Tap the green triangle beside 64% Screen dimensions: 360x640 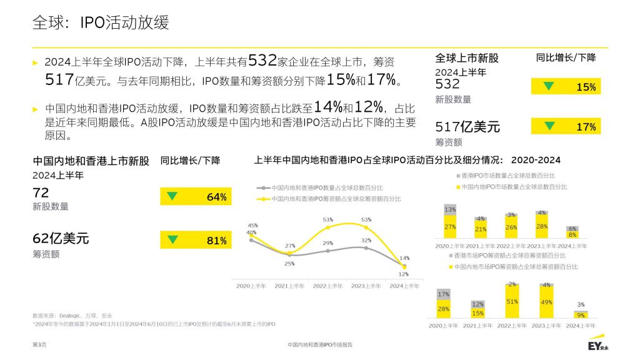click(172, 196)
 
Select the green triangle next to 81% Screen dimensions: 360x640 click(172, 239)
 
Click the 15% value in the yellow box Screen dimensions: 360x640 click(586, 87)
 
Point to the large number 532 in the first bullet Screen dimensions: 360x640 click(262, 61)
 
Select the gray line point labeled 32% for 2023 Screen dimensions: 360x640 click(366, 247)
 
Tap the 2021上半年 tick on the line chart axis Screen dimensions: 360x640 click(289, 286)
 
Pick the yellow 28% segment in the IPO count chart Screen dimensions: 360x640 click(542, 227)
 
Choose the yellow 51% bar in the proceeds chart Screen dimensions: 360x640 click(512, 302)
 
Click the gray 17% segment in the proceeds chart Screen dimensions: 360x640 click(443, 294)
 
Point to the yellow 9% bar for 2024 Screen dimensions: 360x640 click(581, 315)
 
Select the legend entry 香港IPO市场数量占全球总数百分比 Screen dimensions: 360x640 click(506, 176)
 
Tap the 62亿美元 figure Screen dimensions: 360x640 click(61, 238)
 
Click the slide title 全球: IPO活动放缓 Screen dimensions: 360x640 click(101, 23)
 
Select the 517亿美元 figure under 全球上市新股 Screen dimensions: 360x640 click(467, 127)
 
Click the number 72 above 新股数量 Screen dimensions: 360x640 click(41, 192)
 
